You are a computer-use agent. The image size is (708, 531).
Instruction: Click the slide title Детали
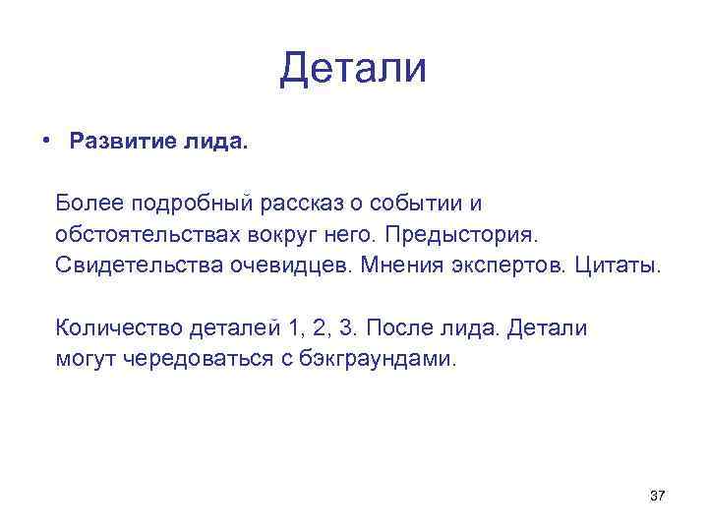coord(353,69)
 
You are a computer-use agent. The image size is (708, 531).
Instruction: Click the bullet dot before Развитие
coord(46,140)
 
